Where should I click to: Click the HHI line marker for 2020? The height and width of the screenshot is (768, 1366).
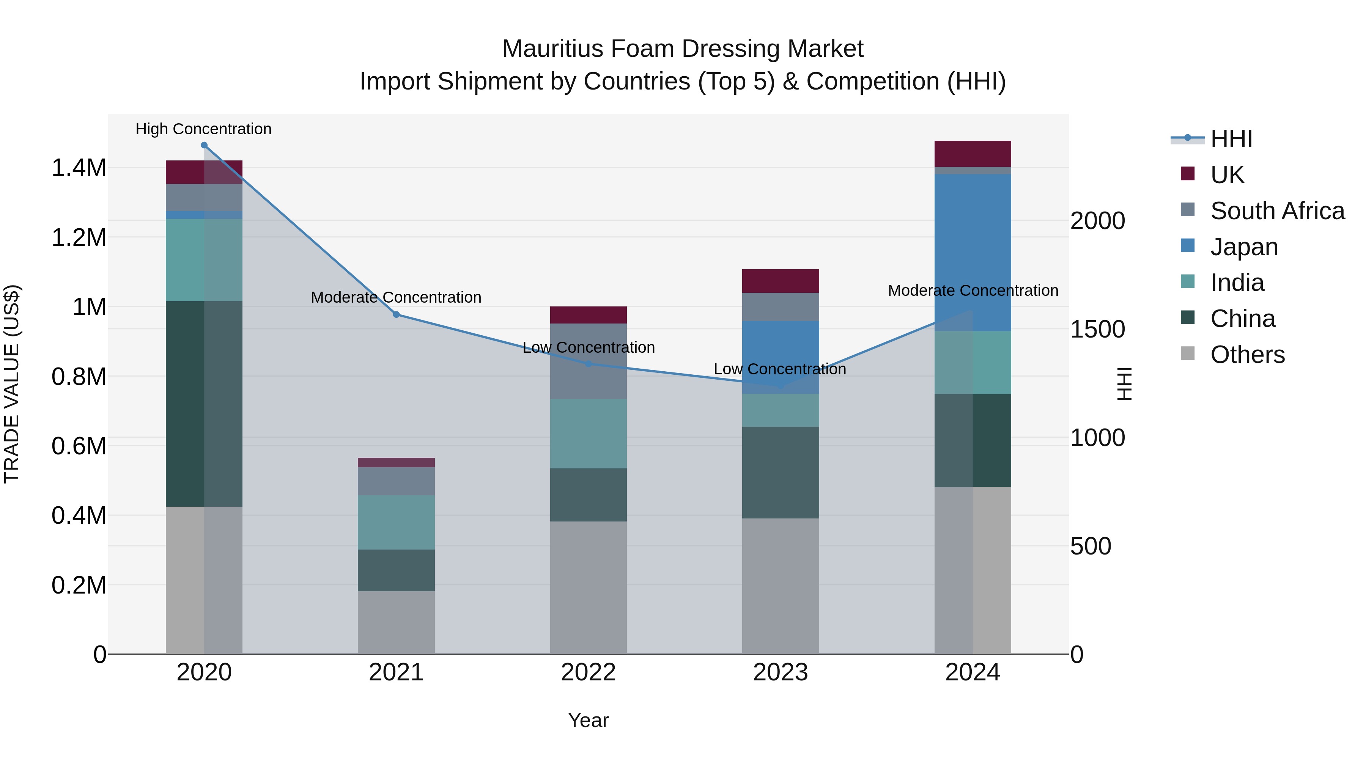point(204,145)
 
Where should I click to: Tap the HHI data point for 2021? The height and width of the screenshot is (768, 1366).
point(396,315)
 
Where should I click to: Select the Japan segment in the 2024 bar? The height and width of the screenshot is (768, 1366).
point(973,252)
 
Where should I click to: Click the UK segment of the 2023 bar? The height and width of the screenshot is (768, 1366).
point(780,281)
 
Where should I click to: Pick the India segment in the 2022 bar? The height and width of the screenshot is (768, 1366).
point(588,433)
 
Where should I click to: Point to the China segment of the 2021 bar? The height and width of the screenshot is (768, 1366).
point(396,570)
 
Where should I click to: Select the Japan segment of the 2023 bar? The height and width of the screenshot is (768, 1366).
point(780,357)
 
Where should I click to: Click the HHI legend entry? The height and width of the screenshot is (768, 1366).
point(1231,139)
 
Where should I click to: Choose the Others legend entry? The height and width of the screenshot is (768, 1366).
point(1247,355)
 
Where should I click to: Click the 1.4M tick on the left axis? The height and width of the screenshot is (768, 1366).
point(79,168)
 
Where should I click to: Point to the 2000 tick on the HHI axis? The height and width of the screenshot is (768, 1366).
point(1097,221)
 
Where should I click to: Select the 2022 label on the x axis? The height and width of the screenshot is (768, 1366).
point(588,672)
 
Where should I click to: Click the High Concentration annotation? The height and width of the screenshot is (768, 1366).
point(204,129)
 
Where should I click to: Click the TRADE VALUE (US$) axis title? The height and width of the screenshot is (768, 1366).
point(12,384)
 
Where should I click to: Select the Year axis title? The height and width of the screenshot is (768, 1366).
point(588,720)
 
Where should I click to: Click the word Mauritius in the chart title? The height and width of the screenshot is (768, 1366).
point(552,49)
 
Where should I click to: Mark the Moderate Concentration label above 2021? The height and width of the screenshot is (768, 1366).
point(396,297)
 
